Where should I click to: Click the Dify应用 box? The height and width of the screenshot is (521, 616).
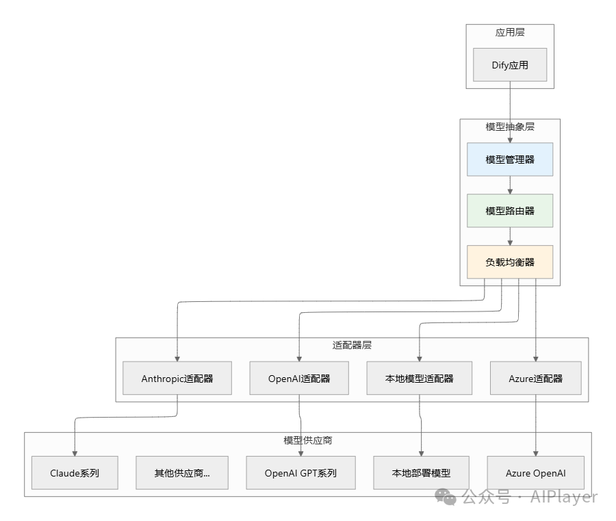(x=510, y=65)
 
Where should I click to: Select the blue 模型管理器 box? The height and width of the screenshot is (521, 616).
(x=510, y=160)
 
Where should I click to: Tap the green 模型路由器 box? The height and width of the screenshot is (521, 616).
(x=510, y=211)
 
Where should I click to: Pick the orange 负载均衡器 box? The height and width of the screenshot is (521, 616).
(x=510, y=262)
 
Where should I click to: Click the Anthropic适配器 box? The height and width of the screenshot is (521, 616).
(x=177, y=378)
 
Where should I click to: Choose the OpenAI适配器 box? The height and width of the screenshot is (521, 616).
(x=300, y=378)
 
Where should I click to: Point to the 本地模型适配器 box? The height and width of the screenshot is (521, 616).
(x=420, y=378)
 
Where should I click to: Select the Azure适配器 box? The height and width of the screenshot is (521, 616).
(x=536, y=378)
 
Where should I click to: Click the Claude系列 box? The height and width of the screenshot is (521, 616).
(x=75, y=473)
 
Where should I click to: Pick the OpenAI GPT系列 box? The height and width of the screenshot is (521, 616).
(x=300, y=473)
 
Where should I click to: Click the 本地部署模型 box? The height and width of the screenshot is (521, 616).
(x=421, y=473)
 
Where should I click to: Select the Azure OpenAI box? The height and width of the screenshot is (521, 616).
(x=536, y=473)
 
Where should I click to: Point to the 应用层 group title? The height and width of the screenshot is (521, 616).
(x=510, y=32)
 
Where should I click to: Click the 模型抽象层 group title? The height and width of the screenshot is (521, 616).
(x=510, y=127)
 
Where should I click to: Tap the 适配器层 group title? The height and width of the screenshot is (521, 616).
(x=352, y=345)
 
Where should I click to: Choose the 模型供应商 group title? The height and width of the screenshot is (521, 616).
(x=308, y=440)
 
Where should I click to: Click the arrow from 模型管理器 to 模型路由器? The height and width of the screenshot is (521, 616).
(x=510, y=185)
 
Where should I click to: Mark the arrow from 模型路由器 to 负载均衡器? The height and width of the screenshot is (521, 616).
(x=510, y=236)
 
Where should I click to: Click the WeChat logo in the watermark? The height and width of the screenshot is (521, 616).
(x=448, y=496)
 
